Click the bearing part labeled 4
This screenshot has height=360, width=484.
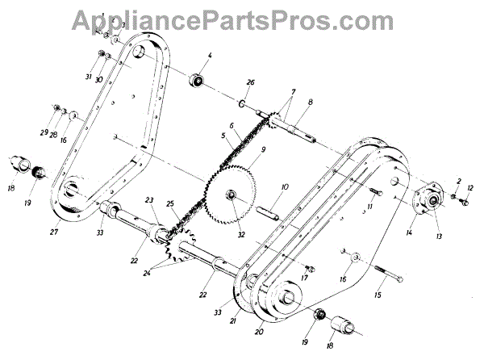tap(196, 81)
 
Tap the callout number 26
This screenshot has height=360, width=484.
tap(250, 82)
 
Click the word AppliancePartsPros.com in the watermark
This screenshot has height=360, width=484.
tap(243, 19)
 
